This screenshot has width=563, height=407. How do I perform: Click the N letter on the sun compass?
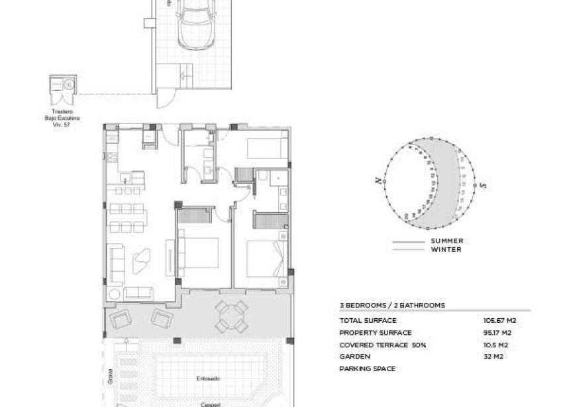(x=378, y=180)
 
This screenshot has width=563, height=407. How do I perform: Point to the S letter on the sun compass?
(x=484, y=186)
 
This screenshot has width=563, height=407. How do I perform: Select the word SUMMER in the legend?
(x=447, y=241)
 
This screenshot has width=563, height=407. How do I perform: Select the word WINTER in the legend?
(x=446, y=249)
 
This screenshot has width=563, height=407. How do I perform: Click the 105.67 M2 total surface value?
(x=499, y=320)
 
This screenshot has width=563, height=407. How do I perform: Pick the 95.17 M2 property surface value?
(x=498, y=332)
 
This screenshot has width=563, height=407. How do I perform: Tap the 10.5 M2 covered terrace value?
(x=496, y=345)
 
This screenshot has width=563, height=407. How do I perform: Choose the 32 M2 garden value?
(x=493, y=357)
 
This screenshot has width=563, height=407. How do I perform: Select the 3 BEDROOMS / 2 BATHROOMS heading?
(x=391, y=306)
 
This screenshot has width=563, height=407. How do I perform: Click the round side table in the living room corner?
(x=115, y=294)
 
